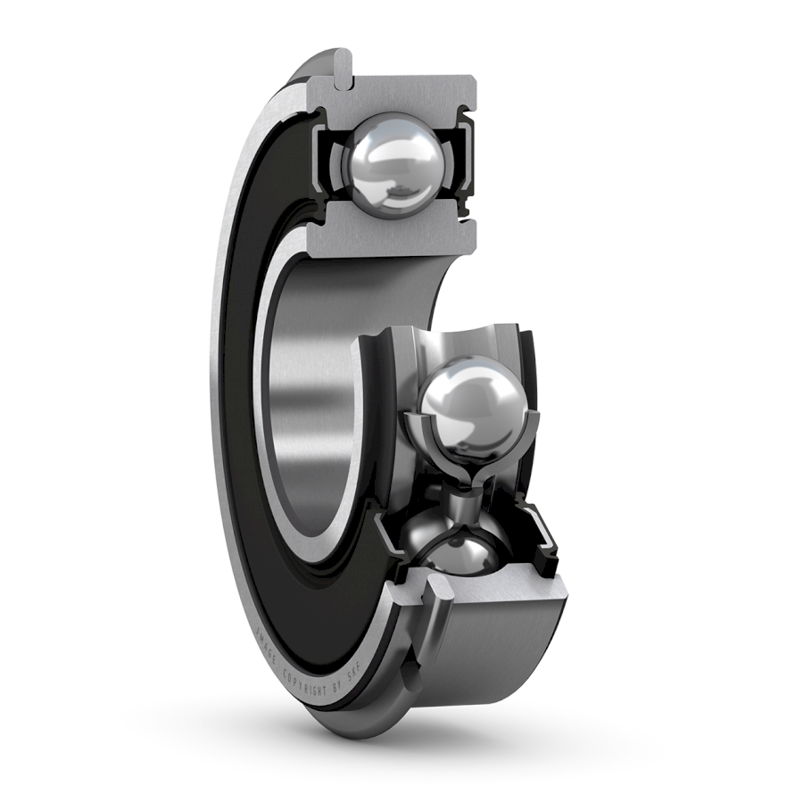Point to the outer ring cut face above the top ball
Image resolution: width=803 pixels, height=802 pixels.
tap(410, 95)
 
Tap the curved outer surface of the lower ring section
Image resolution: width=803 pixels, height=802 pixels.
tap(500, 651)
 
